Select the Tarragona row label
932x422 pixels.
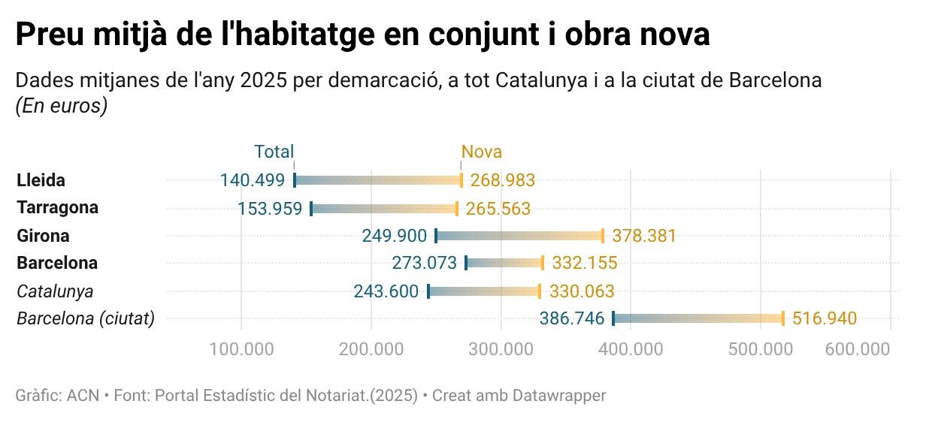point(58,207)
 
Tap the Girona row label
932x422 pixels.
point(43,236)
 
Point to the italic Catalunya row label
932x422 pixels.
point(55,291)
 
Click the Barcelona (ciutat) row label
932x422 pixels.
point(86,319)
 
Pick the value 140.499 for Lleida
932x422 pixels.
point(253,180)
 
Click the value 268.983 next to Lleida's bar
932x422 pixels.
point(502,180)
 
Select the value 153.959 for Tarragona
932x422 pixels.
point(270,209)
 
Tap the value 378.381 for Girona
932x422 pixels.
point(643,236)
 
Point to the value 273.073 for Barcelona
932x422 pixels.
point(424,264)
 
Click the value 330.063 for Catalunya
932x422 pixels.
point(581,291)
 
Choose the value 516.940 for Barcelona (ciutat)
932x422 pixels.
point(824,319)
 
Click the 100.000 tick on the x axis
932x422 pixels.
point(241,349)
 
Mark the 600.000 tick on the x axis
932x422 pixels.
point(858,349)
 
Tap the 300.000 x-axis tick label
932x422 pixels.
point(501,349)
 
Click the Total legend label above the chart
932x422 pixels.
point(274,152)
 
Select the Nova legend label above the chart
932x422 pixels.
point(481,152)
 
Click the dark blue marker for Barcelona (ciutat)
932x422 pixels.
point(613,318)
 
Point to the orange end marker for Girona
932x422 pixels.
point(603,236)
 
